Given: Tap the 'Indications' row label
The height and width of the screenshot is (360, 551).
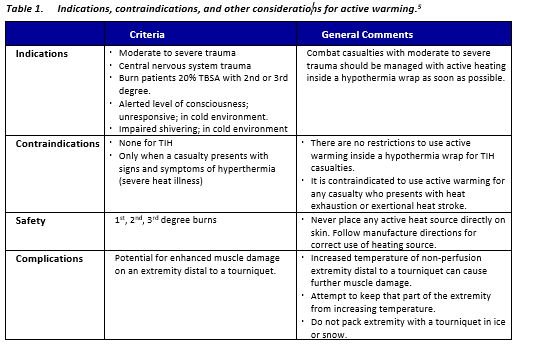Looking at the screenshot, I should point(43,53).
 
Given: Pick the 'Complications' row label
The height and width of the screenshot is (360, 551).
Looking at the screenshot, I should point(50,257).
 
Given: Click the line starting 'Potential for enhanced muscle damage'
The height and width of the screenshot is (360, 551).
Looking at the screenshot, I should point(201,257).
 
